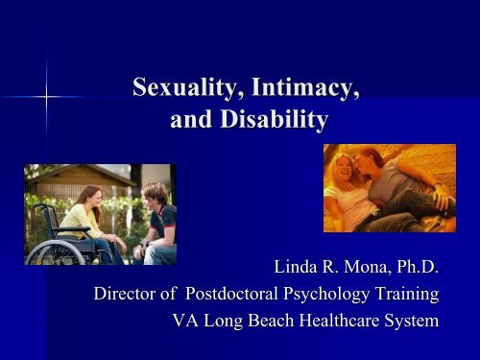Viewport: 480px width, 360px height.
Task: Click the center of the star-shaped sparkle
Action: tap(45, 98)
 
